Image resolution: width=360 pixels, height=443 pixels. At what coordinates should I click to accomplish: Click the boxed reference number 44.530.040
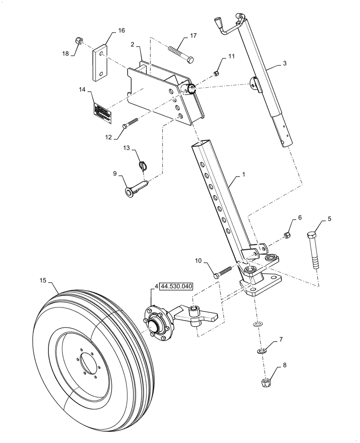point(176,287)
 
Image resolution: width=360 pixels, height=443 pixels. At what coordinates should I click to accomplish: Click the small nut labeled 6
point(287,235)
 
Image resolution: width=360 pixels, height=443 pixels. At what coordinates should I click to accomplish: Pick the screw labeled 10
point(223,271)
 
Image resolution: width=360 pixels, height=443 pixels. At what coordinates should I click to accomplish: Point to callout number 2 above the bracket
point(132,44)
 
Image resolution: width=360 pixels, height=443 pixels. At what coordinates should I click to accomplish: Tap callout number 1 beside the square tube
point(243,175)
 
